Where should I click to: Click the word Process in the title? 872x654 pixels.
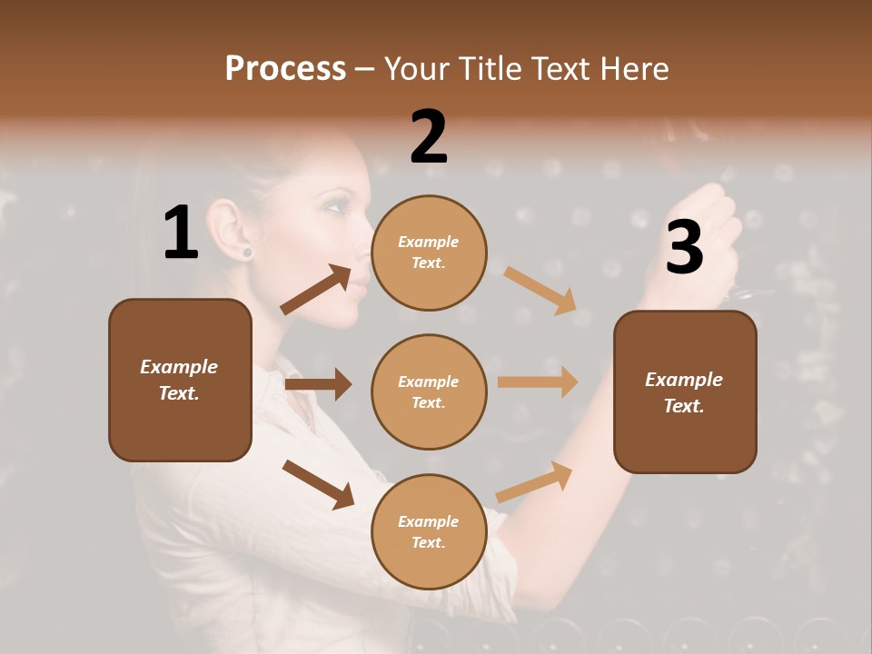pyautogui.click(x=285, y=69)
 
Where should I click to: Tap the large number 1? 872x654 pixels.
pyautogui.click(x=181, y=233)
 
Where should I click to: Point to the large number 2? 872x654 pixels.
pyautogui.click(x=429, y=137)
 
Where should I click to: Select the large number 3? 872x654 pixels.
pyautogui.click(x=684, y=247)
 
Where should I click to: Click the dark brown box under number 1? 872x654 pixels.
pyautogui.click(x=180, y=380)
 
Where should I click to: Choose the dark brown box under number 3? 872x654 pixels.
pyautogui.click(x=685, y=391)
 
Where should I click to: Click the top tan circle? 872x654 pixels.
pyautogui.click(x=429, y=253)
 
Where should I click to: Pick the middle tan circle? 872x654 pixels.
pyautogui.click(x=429, y=391)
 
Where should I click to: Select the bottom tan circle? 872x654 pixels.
pyautogui.click(x=429, y=531)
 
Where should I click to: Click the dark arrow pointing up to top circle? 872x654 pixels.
pyautogui.click(x=316, y=290)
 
